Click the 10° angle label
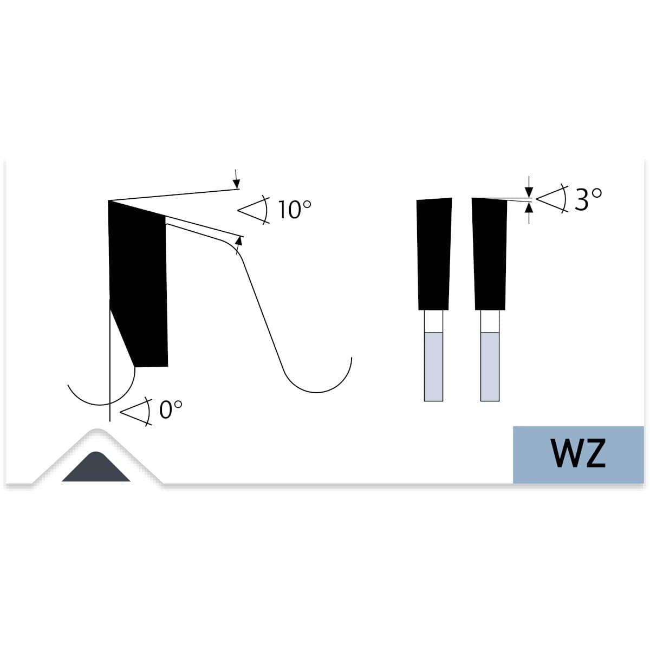[294, 210]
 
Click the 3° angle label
[588, 199]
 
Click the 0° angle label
[170, 409]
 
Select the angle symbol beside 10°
[253, 210]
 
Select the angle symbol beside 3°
[552, 198]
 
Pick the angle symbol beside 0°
[136, 412]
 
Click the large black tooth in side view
[138, 283]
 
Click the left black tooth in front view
[434, 253]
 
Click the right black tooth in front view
[489, 253]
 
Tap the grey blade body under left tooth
[433, 367]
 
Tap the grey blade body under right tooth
[490, 367]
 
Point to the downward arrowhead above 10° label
[237, 184]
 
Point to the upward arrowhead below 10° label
[239, 241]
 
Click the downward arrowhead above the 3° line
[529, 192]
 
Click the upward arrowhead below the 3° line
[529, 208]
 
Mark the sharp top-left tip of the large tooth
[108, 201]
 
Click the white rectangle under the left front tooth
[433, 321]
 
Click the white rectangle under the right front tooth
[490, 321]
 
